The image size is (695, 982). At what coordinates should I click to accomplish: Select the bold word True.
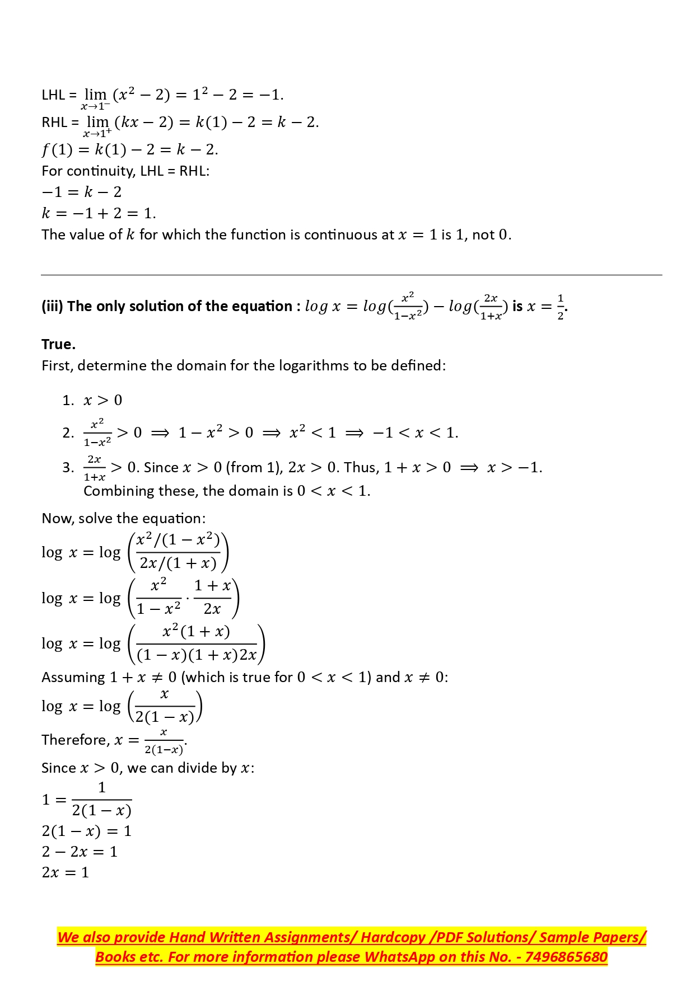coord(58,344)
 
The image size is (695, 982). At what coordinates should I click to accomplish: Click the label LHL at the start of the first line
coord(53,95)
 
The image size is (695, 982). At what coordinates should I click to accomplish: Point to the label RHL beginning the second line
coord(54,123)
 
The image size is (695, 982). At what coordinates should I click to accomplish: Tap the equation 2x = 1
coord(66,872)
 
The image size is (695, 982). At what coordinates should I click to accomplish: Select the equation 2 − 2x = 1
coord(80,852)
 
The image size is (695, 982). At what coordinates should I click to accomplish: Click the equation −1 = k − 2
coord(82,192)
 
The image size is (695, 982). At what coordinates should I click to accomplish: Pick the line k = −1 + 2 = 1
coord(99,213)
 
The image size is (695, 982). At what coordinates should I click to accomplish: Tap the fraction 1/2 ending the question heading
coord(561,307)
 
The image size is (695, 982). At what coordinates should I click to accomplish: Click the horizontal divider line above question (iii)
coord(351,275)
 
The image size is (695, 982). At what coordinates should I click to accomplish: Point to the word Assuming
coord(73,678)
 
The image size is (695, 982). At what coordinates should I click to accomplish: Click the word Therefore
coord(76,740)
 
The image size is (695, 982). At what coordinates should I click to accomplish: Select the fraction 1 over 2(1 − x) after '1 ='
coord(102,800)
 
